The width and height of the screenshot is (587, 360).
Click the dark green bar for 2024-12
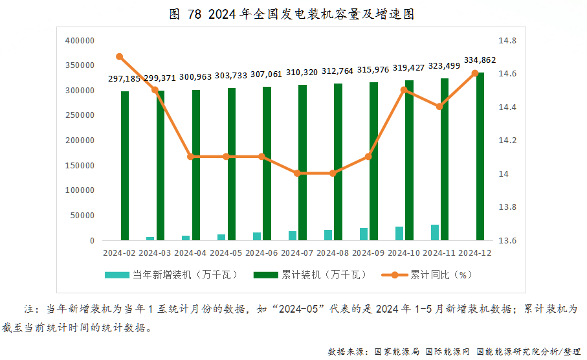tap(480, 157)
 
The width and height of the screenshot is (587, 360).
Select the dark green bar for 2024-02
tap(125, 166)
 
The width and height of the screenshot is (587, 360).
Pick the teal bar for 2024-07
tap(293, 236)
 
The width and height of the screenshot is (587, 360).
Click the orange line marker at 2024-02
tap(120, 56)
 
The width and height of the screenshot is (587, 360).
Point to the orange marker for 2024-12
tap(475, 73)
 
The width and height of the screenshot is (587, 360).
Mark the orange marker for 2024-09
tap(368, 157)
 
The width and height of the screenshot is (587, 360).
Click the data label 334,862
tap(480, 60)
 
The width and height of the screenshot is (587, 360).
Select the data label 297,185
tap(124, 78)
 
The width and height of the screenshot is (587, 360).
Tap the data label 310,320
tap(302, 73)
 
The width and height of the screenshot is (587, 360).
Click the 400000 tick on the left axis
tap(81, 41)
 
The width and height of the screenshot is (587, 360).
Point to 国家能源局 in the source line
tap(397, 352)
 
